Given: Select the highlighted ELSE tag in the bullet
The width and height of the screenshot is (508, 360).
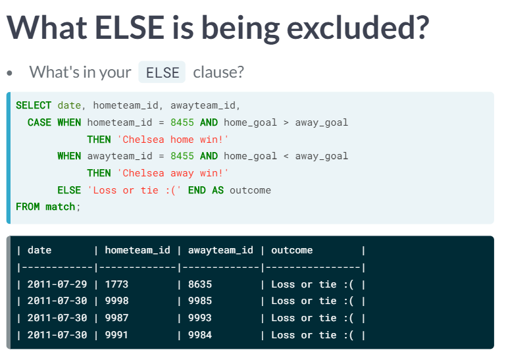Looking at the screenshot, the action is point(162,72).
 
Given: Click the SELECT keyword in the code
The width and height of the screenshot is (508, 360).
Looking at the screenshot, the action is point(34,105).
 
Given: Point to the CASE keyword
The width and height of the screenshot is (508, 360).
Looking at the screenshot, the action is point(39,122).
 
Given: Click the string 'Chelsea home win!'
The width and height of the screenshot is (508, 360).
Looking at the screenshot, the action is point(173,140).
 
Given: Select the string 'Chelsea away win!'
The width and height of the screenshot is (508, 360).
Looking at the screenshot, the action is point(173,173).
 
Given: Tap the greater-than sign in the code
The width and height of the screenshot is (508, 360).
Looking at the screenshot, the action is point(286,123).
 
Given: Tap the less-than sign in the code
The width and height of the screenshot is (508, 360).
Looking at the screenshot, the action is point(286,156).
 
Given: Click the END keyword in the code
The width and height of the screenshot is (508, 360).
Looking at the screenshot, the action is point(197,190).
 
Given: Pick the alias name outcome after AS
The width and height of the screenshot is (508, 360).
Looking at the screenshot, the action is point(251,190).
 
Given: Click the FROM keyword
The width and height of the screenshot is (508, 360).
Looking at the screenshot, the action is point(28,207).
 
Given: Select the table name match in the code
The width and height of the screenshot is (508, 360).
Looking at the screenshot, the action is point(61,207).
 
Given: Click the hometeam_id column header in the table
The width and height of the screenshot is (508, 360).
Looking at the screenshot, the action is point(138,250).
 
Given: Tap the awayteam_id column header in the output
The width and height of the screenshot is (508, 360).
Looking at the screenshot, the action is point(220,250).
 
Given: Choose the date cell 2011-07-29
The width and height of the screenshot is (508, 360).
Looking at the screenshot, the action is point(57,284).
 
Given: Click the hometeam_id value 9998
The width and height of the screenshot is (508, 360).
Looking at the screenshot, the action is point(116,301).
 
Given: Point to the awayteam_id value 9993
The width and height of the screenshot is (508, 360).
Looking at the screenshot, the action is point(200,318).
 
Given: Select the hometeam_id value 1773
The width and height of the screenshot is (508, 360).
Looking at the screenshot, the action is point(116,284).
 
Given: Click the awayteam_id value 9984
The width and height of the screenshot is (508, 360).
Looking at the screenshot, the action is point(200,335).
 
